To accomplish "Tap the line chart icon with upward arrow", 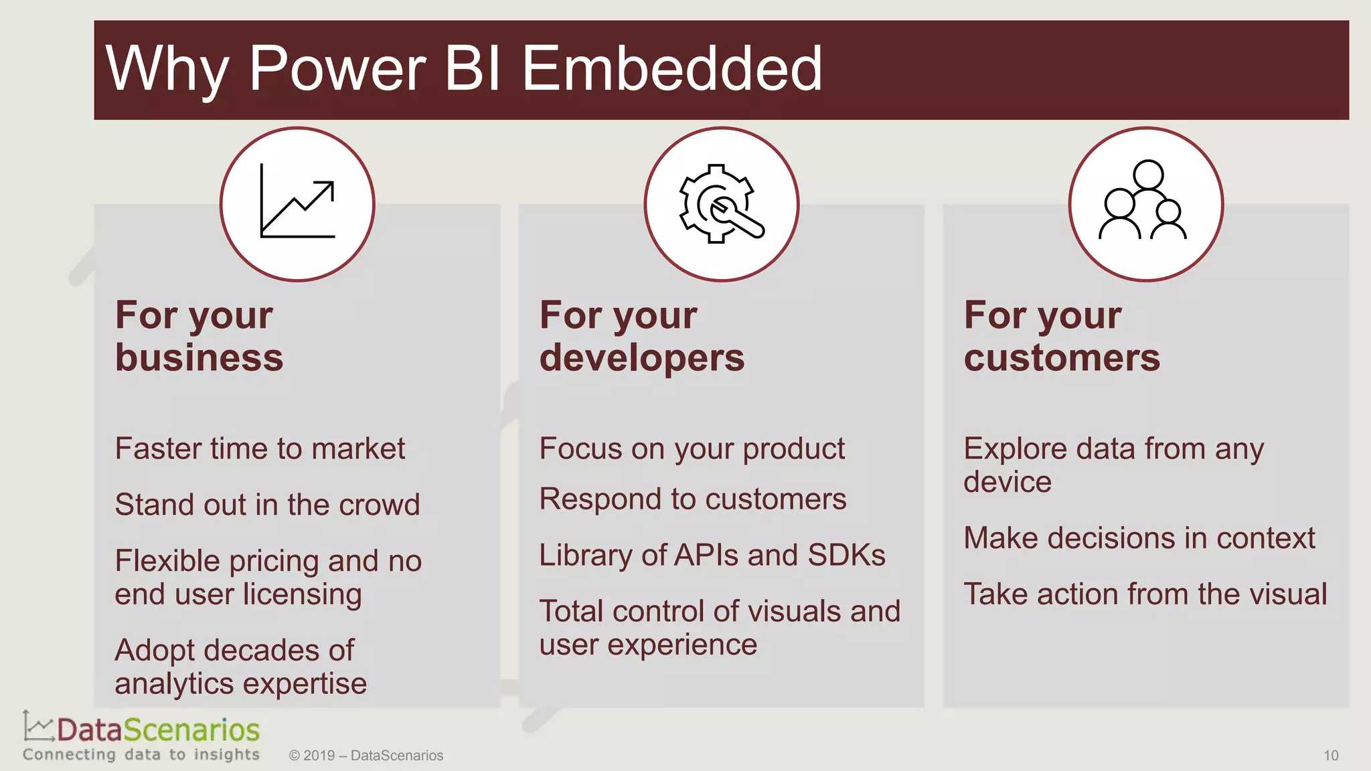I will click(x=297, y=203).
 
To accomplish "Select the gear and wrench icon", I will click(x=721, y=203).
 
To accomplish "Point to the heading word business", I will click(x=199, y=358).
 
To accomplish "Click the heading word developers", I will click(x=641, y=358).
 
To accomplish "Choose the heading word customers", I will click(x=1062, y=358).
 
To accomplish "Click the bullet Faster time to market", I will click(x=260, y=448).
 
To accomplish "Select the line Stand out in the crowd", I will click(x=267, y=505).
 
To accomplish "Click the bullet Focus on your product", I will click(x=692, y=449).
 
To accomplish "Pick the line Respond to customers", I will click(x=692, y=499).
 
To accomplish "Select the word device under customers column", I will click(x=1007, y=483).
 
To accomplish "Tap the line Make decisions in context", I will click(x=1139, y=539).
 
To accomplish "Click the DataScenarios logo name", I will click(x=158, y=730).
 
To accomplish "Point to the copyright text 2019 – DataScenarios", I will click(x=366, y=756).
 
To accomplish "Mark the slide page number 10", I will click(x=1330, y=756).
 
